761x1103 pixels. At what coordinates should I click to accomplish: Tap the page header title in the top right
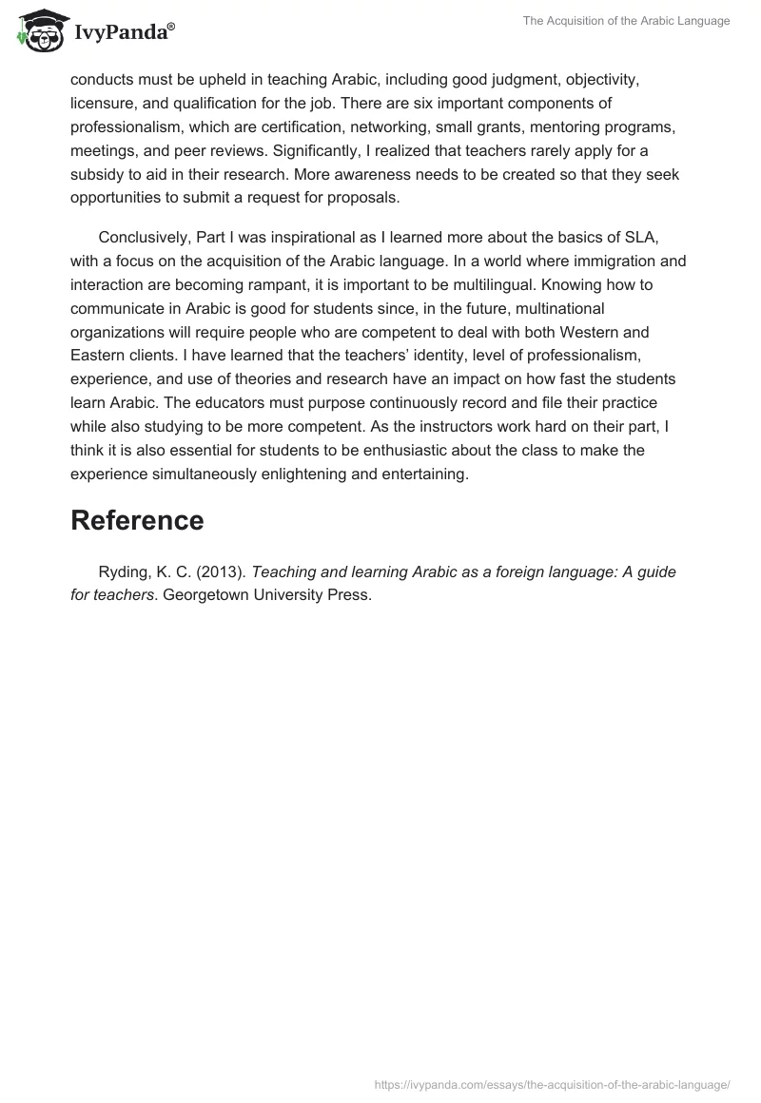[626, 21]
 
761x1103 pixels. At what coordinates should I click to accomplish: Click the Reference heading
[137, 520]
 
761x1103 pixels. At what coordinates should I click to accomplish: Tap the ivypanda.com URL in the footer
[552, 1084]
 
